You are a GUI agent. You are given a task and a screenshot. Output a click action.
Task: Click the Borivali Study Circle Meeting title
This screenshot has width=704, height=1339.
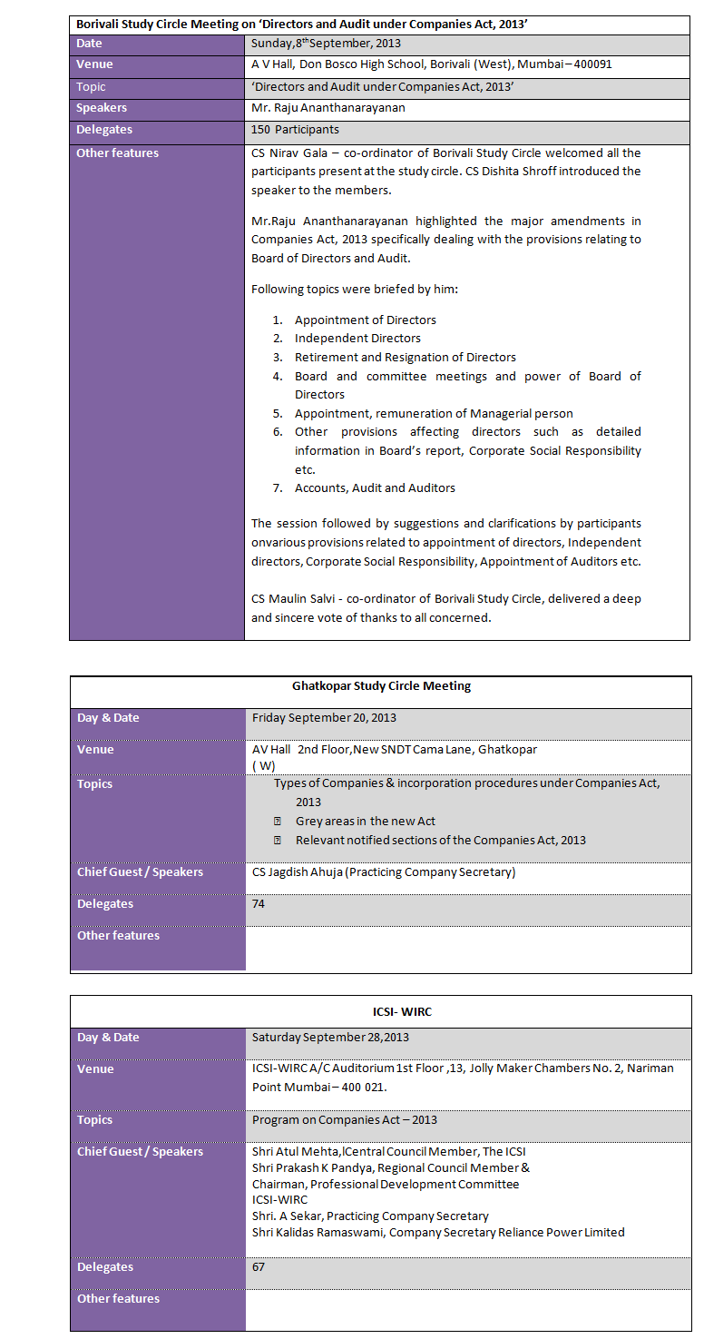(x=302, y=25)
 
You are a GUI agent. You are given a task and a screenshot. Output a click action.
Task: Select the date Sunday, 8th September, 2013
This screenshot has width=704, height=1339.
(x=326, y=44)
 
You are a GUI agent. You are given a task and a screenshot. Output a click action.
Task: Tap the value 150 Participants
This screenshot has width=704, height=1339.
(x=295, y=130)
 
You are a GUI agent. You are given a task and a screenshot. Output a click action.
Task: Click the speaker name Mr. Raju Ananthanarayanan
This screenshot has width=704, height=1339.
(x=328, y=108)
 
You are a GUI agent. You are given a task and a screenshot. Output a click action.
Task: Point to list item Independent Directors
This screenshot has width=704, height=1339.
(x=357, y=338)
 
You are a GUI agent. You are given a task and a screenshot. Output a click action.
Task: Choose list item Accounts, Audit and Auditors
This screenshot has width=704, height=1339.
(x=375, y=488)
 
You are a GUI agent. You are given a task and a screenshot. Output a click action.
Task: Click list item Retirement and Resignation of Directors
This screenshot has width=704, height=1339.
(x=405, y=357)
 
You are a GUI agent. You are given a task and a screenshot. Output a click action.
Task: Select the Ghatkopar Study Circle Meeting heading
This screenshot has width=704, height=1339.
(x=381, y=686)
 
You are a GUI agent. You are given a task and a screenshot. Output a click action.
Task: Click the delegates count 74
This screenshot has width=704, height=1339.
(x=259, y=904)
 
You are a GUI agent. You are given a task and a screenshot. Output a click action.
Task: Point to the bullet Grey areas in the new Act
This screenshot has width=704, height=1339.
(x=365, y=822)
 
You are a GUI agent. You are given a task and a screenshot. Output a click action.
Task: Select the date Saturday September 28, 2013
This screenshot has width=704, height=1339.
(x=330, y=1038)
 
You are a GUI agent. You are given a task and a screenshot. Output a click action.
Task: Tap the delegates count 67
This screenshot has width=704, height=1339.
(x=259, y=1267)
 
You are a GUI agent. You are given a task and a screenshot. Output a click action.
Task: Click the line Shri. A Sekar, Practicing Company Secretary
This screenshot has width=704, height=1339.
(x=370, y=1216)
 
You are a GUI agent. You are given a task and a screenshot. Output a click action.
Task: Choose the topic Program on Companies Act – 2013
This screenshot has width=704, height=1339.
(x=345, y=1120)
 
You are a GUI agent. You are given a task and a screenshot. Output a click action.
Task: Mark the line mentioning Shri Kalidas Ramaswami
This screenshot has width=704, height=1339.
(x=438, y=1232)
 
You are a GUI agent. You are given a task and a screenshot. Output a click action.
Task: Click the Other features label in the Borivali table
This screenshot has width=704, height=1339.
(x=117, y=153)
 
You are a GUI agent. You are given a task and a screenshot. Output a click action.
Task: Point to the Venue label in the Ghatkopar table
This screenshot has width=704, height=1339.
(x=95, y=750)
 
